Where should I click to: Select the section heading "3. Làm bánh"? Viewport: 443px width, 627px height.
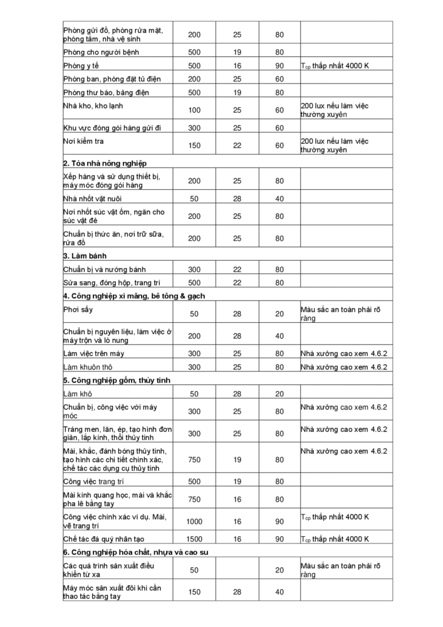click(85, 256)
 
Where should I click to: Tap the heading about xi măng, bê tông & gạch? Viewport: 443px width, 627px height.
click(134, 295)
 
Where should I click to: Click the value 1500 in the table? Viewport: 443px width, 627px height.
click(194, 539)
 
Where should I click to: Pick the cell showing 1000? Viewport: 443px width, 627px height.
click(194, 521)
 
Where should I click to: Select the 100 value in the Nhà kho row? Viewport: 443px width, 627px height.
click(194, 110)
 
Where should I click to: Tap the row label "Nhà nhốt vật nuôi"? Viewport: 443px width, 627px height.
click(92, 199)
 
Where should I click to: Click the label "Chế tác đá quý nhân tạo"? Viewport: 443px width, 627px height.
click(104, 539)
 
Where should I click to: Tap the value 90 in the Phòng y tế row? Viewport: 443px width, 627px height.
click(279, 65)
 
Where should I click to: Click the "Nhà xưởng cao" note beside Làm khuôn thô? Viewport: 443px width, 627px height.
click(343, 367)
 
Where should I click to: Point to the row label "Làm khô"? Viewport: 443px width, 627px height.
click(78, 394)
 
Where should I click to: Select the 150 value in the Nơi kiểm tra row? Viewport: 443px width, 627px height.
click(194, 145)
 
